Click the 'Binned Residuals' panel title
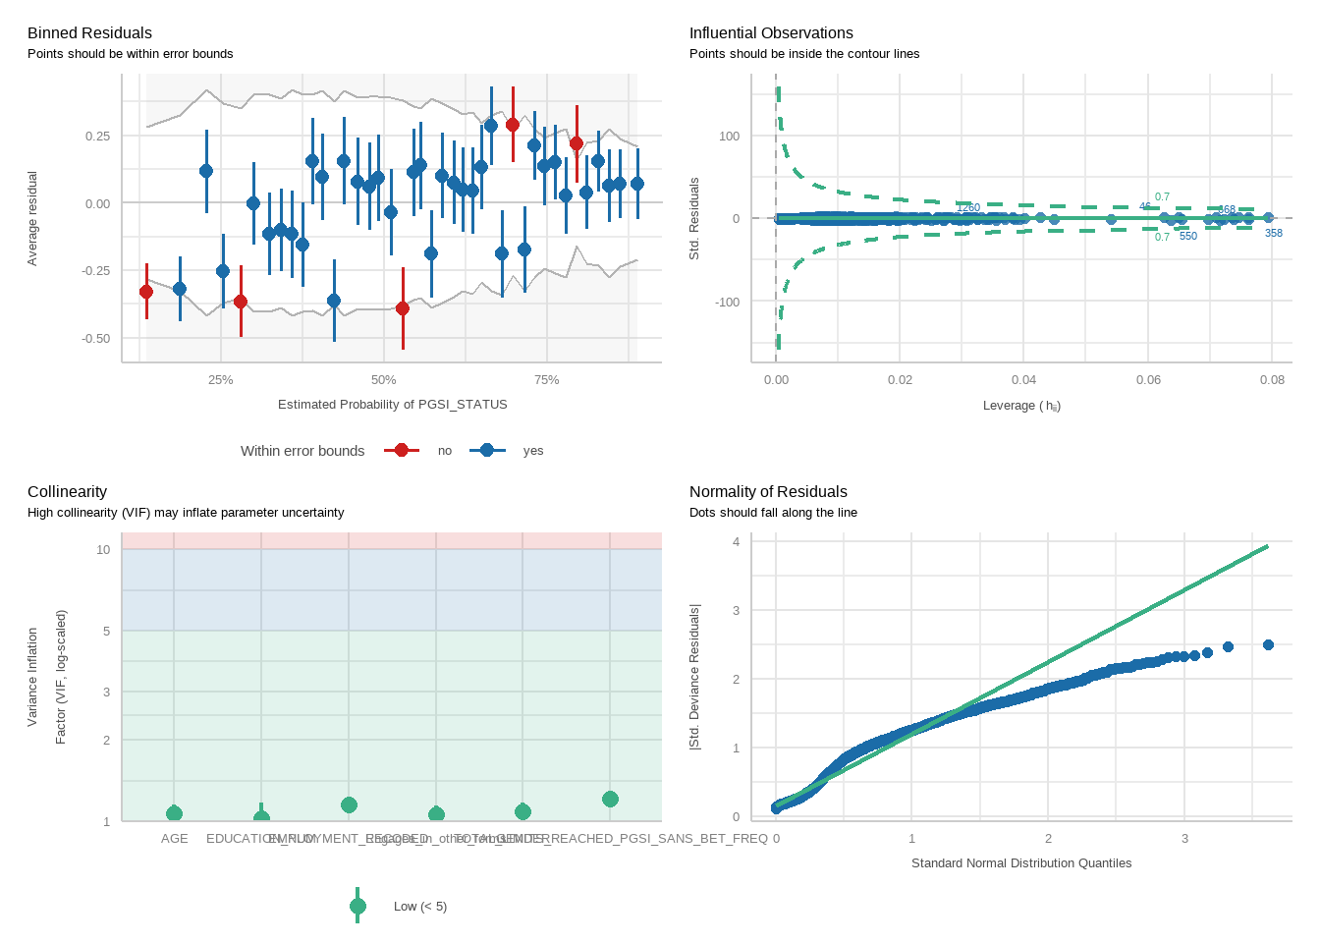coord(89,33)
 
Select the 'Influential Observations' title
coord(771,33)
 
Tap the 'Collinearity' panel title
coord(67,492)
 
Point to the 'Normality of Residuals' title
coord(768,492)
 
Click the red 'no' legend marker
coord(401,450)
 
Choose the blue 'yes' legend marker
coord(487,450)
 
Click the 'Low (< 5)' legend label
coord(419,907)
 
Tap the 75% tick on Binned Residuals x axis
coord(546,380)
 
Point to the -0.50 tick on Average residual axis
coord(97,339)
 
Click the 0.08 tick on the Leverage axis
coord(1272,380)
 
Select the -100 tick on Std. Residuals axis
coord(728,303)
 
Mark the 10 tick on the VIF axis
coord(103,550)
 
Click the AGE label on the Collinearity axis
coord(175,839)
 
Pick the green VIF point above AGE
coord(174,813)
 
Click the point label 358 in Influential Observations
coord(1274,234)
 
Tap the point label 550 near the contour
coord(1188,237)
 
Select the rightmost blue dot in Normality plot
coord(1268,645)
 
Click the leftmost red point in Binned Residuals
coord(146,292)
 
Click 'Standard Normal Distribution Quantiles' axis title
coord(1021,863)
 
